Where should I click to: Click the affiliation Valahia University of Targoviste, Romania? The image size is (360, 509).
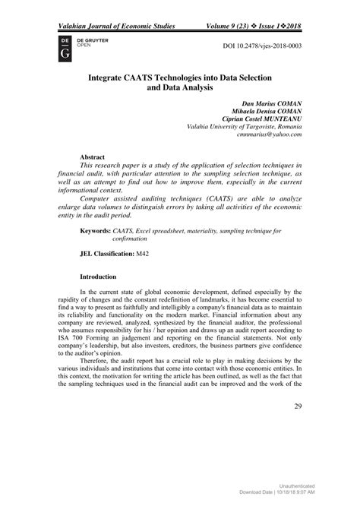(x=238, y=127)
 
